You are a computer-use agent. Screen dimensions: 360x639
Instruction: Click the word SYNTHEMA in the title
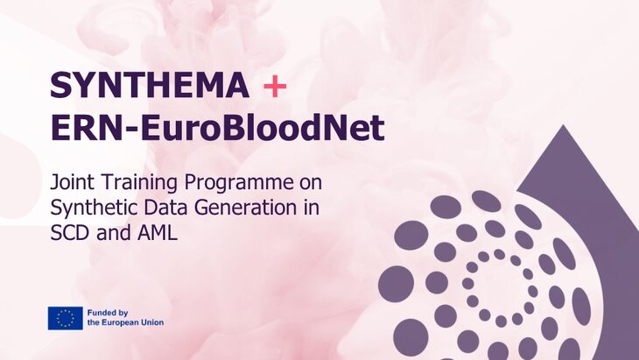tap(150, 86)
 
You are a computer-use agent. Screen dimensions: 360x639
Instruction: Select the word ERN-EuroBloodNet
tap(217, 129)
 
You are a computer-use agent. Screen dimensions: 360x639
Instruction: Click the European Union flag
tap(66, 317)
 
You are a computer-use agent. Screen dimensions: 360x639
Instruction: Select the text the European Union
tap(125, 323)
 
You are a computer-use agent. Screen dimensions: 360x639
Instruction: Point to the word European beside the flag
tap(118, 323)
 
